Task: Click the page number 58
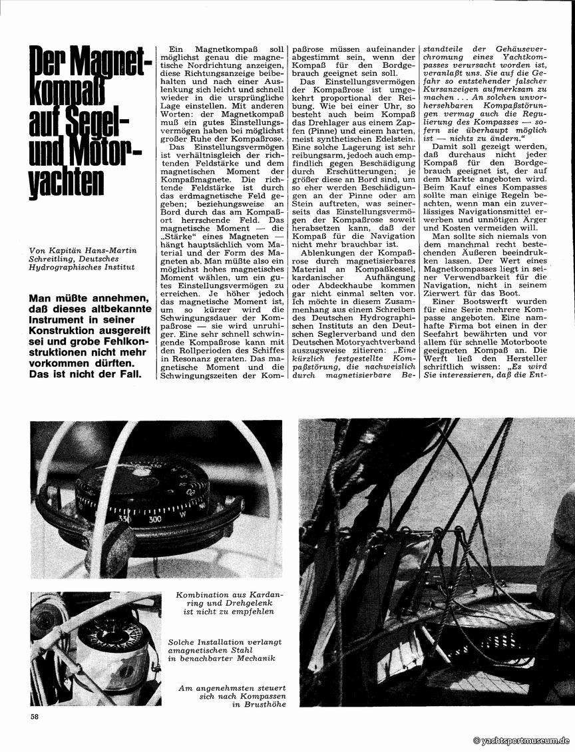34,716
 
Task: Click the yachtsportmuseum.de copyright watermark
522,741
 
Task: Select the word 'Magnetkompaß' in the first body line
226,50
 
